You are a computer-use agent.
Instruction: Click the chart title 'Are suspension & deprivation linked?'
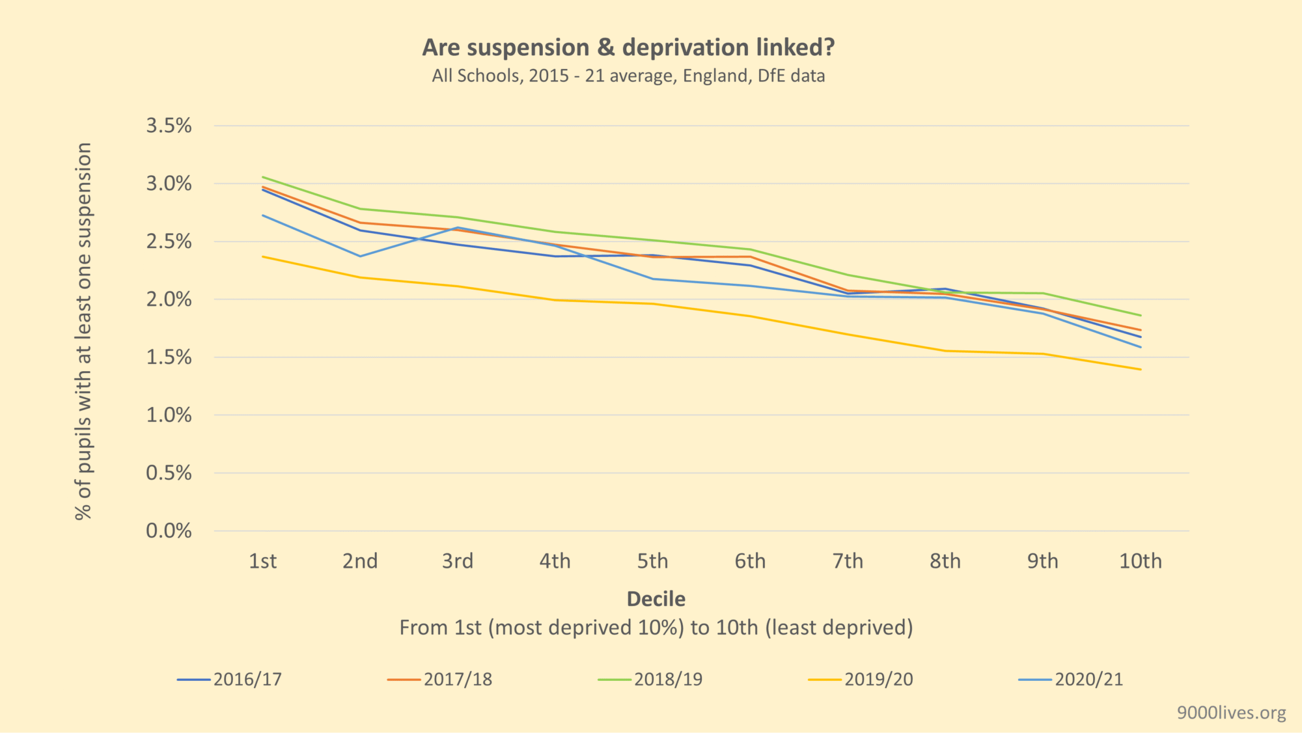[x=628, y=48]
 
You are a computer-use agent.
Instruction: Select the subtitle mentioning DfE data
[x=628, y=76]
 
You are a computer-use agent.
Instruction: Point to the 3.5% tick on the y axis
[x=169, y=126]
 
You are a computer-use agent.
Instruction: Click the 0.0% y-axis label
[x=169, y=531]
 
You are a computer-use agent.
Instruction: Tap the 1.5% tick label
[x=169, y=357]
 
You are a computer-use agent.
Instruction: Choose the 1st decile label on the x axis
[x=262, y=561]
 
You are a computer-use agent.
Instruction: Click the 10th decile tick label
[x=1140, y=561]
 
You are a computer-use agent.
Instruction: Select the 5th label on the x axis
[x=652, y=561]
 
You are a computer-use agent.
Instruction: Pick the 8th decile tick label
[x=945, y=561]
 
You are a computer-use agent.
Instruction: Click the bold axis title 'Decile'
[x=656, y=599]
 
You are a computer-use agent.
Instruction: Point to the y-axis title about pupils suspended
[x=84, y=331]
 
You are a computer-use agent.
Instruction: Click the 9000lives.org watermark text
[x=1231, y=713]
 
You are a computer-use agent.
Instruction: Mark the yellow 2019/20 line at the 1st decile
[x=263, y=256]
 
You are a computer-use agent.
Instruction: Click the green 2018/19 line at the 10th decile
[x=1140, y=316]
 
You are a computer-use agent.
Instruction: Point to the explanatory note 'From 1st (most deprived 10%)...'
[x=656, y=628]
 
